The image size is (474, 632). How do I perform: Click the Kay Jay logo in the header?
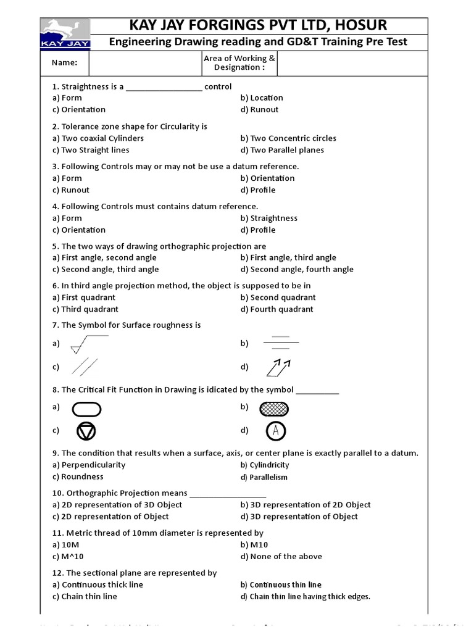click(65, 33)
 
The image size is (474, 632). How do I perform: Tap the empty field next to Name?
click(146, 62)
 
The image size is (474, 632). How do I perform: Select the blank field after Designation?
click(352, 62)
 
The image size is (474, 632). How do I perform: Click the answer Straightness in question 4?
click(273, 218)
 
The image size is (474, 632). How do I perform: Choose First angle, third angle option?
click(288, 257)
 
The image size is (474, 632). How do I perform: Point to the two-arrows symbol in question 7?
click(278, 367)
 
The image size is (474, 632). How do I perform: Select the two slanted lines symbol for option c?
click(85, 367)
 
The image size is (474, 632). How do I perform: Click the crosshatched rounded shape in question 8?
click(274, 409)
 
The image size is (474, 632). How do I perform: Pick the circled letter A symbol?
click(276, 431)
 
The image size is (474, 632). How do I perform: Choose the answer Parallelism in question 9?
click(268, 477)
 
